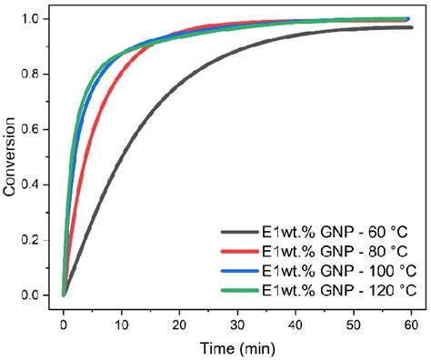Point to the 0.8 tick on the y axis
35,74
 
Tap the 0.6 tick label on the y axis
35,129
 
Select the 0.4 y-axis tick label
35,185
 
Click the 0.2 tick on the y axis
35,240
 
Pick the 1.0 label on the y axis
35,19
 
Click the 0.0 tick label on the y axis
35,295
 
